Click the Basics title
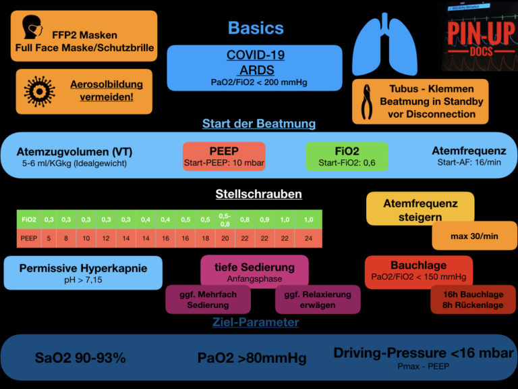(256, 28)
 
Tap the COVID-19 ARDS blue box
(254, 68)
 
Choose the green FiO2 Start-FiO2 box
(347, 155)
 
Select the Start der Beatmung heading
(259, 124)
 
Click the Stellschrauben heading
(258, 194)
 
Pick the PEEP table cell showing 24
(308, 238)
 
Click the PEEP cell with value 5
(49, 238)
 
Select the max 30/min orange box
(474, 236)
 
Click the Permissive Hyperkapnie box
(83, 273)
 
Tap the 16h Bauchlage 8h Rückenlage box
(473, 299)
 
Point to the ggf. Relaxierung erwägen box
(318, 299)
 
